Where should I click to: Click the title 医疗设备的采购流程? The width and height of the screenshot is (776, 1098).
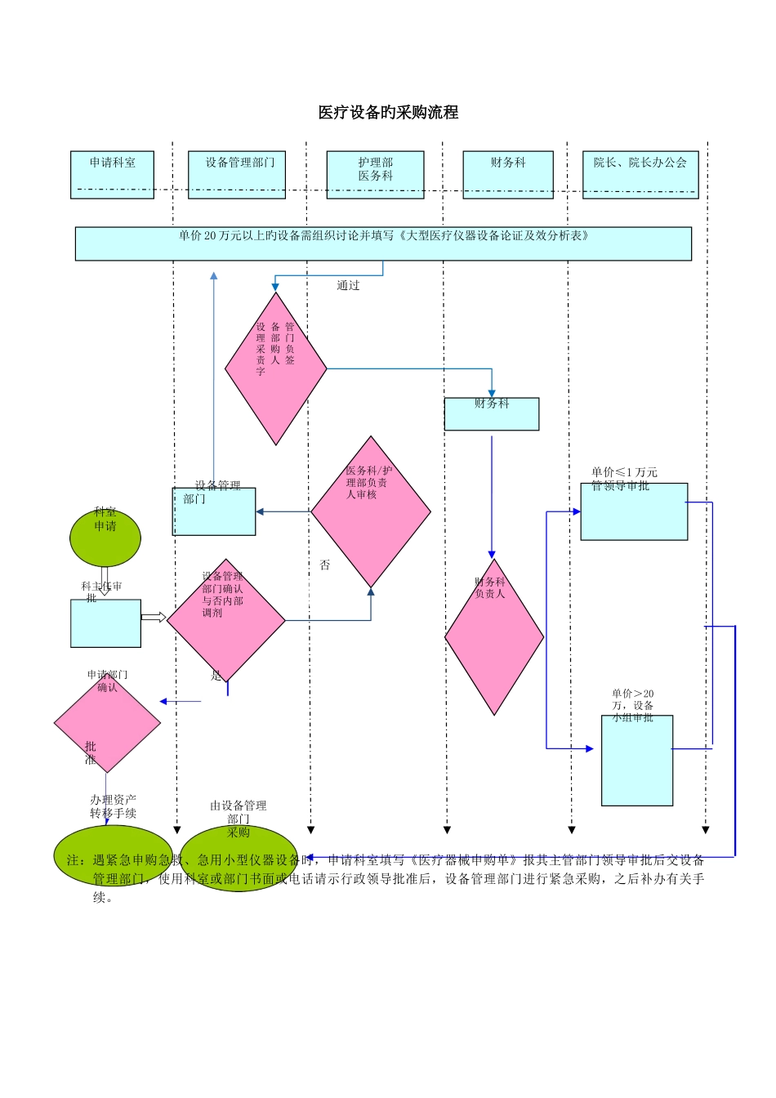coord(388,113)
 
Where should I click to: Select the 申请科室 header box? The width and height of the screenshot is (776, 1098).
coord(112,174)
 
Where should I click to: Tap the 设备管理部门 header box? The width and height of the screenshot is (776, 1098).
coord(237,174)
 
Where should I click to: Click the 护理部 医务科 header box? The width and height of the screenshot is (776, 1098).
coord(375,174)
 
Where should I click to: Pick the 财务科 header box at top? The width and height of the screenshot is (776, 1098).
coord(508,174)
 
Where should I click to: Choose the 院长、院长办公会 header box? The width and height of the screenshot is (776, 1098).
coord(640,174)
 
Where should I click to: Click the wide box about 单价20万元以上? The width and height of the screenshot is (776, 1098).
coord(383,243)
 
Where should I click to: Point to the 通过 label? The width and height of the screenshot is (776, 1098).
coord(348,286)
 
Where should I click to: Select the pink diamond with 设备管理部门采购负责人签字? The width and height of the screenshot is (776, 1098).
coord(276,368)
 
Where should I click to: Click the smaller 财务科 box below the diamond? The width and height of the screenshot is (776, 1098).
coord(492,414)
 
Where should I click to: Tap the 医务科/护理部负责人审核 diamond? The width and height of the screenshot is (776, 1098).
coord(371,512)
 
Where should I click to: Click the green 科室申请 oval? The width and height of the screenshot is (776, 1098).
coord(105,538)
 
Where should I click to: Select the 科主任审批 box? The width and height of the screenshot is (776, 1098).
coord(105,623)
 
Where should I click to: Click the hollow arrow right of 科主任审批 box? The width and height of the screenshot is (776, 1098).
coord(154,617)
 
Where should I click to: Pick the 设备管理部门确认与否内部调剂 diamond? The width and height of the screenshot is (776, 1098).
coord(226,620)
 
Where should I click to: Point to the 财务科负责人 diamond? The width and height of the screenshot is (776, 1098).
coord(494,637)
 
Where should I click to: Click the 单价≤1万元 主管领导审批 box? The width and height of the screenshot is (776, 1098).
coord(634,511)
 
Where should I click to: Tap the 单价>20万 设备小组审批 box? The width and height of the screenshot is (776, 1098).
coord(637,761)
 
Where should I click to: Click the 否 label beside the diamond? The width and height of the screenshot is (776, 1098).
coord(325,565)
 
